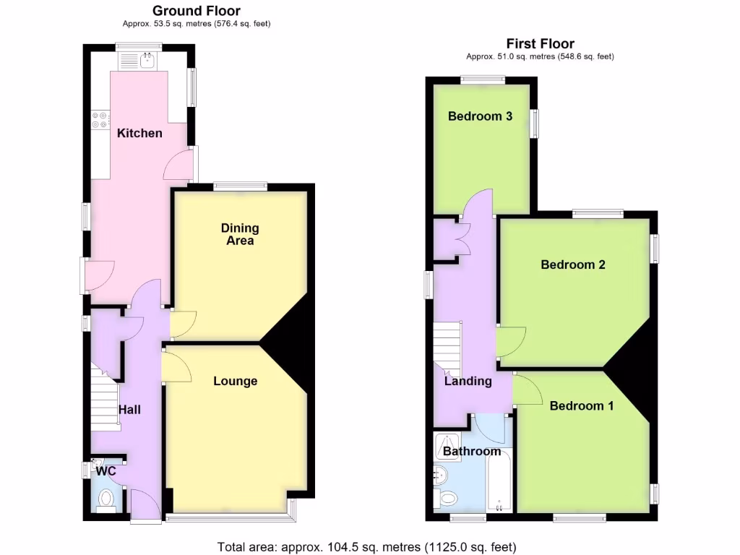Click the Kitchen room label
pyautogui.click(x=139, y=133)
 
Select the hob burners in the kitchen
pyautogui.click(x=100, y=119)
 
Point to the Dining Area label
pyautogui.click(x=240, y=234)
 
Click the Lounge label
pyautogui.click(x=236, y=381)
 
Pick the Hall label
pyautogui.click(x=129, y=410)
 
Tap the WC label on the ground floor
pyautogui.click(x=106, y=471)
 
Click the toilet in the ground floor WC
pyautogui.click(x=106, y=498)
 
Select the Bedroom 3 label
pyautogui.click(x=480, y=116)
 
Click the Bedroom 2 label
pyautogui.click(x=573, y=264)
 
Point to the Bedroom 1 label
pyautogui.click(x=582, y=406)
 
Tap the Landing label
pyautogui.click(x=468, y=382)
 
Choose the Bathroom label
pyautogui.click(x=472, y=452)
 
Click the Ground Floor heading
pyautogui.click(x=197, y=11)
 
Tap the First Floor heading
pyautogui.click(x=541, y=44)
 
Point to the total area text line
pyautogui.click(x=367, y=546)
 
